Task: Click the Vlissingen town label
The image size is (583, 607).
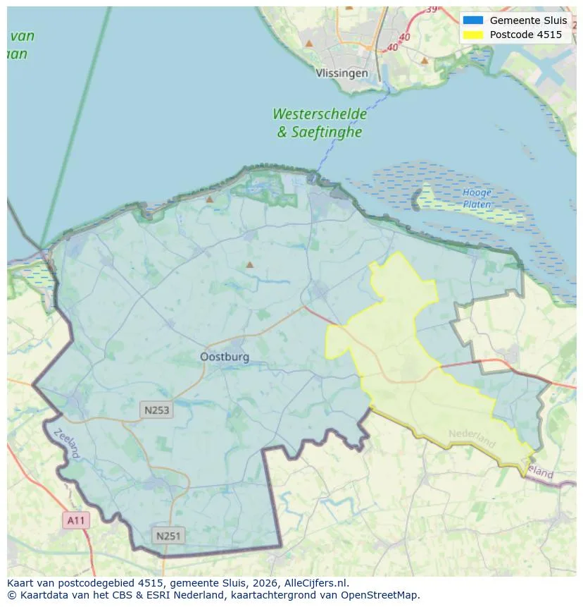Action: [341, 73]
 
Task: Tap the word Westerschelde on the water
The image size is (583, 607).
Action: [320, 114]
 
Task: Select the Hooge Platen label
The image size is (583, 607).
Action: [477, 198]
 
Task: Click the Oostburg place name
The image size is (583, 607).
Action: [225, 357]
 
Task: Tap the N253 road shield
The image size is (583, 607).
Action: [156, 410]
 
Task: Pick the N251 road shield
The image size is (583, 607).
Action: [168, 537]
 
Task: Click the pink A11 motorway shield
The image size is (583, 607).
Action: [75, 521]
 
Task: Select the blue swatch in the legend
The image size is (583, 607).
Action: [472, 20]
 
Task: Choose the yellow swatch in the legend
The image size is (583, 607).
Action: [472, 35]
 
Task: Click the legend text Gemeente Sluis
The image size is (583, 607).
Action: [528, 20]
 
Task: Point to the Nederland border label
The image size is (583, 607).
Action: [472, 439]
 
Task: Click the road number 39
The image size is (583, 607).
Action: [431, 8]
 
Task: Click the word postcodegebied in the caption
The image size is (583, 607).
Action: [94, 583]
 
